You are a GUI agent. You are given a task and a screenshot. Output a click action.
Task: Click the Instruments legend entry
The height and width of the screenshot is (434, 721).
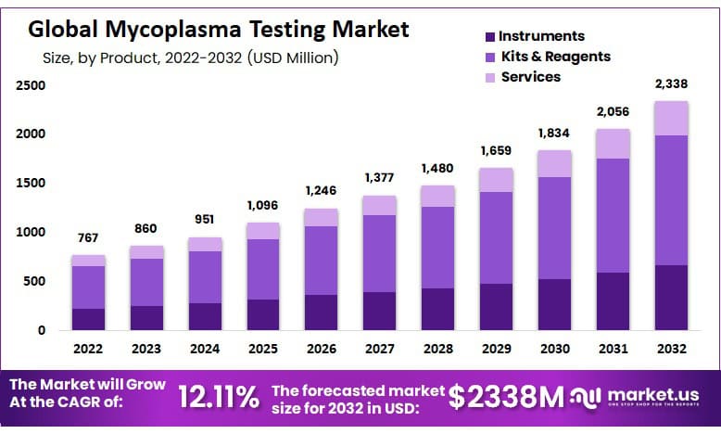click(541, 36)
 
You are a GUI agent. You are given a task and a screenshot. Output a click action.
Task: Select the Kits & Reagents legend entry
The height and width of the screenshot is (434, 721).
click(554, 57)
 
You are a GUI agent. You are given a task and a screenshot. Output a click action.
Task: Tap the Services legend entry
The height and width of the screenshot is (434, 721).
click(530, 77)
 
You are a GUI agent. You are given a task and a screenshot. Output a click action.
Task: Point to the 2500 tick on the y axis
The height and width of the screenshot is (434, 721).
click(30, 86)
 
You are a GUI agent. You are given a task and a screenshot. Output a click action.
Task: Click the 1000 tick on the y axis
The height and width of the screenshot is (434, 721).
click(30, 233)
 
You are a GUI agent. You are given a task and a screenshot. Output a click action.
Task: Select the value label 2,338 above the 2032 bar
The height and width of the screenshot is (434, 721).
click(670, 84)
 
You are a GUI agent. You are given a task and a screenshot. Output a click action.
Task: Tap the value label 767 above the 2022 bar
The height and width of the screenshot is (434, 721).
click(88, 237)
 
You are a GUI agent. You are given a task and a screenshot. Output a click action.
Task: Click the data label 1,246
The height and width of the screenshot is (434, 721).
click(321, 191)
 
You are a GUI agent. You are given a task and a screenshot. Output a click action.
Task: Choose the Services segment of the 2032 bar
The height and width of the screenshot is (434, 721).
click(670, 119)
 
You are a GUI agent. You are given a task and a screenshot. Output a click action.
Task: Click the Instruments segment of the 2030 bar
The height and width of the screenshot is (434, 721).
click(554, 304)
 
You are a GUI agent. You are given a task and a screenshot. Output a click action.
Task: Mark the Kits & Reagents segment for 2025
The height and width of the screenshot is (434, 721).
click(262, 269)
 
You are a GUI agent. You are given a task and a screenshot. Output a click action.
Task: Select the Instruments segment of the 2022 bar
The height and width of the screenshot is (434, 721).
click(88, 318)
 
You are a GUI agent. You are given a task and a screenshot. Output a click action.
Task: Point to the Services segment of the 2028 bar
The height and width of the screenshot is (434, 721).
click(436, 196)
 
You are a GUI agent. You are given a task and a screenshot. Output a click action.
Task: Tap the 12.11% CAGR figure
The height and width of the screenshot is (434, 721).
click(220, 399)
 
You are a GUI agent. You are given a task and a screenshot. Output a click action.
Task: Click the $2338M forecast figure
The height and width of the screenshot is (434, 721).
click(506, 397)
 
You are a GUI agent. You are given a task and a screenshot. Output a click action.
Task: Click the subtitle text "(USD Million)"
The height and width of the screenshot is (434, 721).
click(293, 57)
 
